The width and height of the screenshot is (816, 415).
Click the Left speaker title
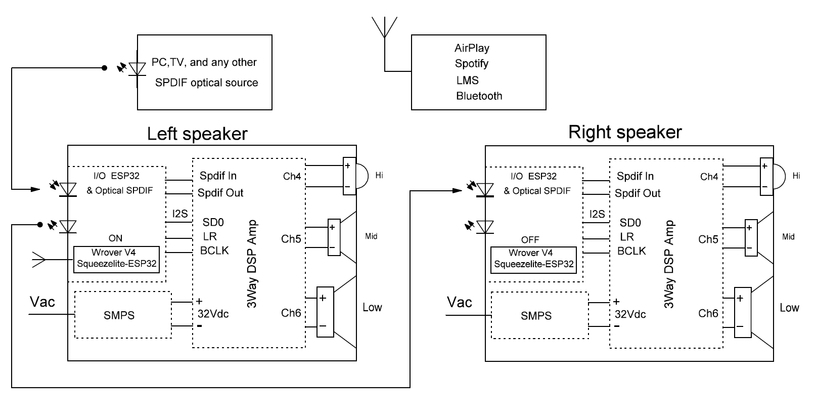[197, 134]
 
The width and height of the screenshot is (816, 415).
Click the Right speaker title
[625, 132]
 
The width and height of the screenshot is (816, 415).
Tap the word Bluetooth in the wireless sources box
[479, 96]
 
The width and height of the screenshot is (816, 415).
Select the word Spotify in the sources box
[471, 64]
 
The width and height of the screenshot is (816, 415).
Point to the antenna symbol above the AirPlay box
[384, 28]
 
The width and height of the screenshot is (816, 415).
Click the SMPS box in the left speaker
[122, 315]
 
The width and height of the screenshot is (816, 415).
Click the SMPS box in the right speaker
[539, 315]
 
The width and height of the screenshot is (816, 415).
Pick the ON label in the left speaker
[115, 238]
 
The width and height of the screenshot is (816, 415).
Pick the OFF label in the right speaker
[530, 239]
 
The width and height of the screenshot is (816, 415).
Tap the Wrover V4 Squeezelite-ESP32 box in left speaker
[116, 258]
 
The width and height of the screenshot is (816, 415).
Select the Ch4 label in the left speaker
[292, 177]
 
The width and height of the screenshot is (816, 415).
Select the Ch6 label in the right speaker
[708, 313]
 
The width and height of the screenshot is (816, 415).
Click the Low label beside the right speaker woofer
[789, 308]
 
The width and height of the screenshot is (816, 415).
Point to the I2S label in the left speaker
[180, 214]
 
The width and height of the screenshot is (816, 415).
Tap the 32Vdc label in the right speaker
[630, 314]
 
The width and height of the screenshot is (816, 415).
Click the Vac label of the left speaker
[42, 302]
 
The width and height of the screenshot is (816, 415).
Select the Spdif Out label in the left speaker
[220, 193]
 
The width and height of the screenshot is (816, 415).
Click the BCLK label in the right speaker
[631, 251]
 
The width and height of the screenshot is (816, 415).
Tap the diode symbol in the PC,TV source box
[137, 67]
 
